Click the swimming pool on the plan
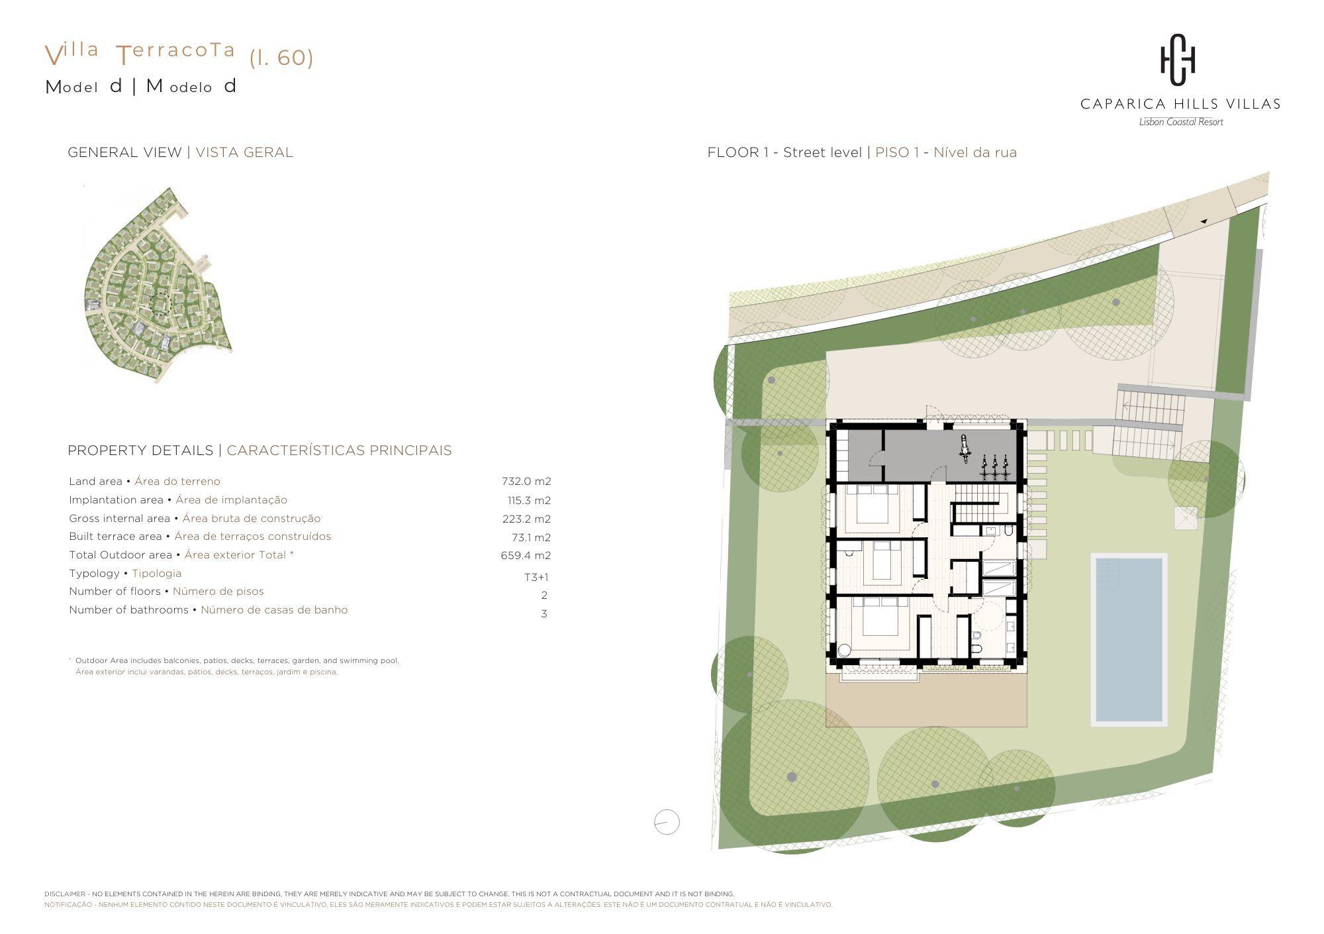[1129, 639]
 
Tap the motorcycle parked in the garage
[966, 447]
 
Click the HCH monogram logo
[1178, 60]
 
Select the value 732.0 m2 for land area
[526, 482]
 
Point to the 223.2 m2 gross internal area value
[526, 519]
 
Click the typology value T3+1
[536, 577]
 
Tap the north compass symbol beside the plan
[667, 822]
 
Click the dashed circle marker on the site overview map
[160, 304]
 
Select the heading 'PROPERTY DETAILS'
[140, 450]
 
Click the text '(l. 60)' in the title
[281, 58]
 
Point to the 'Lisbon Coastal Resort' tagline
[1181, 122]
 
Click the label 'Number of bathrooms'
[128, 610]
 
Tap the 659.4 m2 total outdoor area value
[526, 556]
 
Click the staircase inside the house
[983, 507]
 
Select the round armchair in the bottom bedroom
[844, 650]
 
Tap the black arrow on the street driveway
[1204, 221]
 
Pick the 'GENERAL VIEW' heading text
[124, 152]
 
